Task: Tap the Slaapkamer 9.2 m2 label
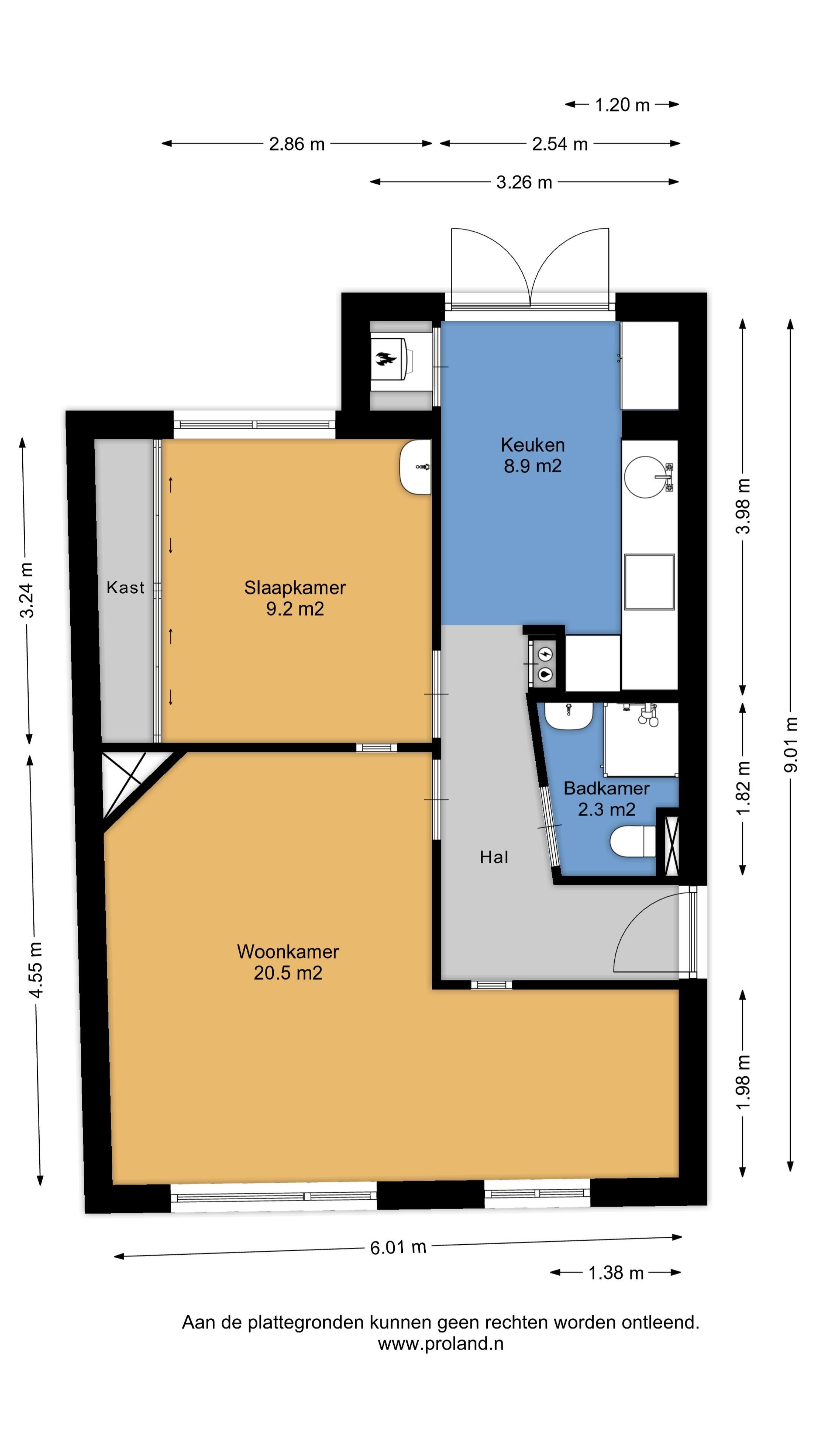click(295, 598)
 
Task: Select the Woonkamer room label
click(288, 951)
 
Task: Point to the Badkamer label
click(606, 788)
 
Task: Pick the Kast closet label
click(125, 588)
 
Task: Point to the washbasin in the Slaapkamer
click(415, 467)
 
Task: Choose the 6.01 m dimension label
click(397, 1247)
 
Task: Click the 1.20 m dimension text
click(622, 105)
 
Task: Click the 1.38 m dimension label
click(615, 1273)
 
